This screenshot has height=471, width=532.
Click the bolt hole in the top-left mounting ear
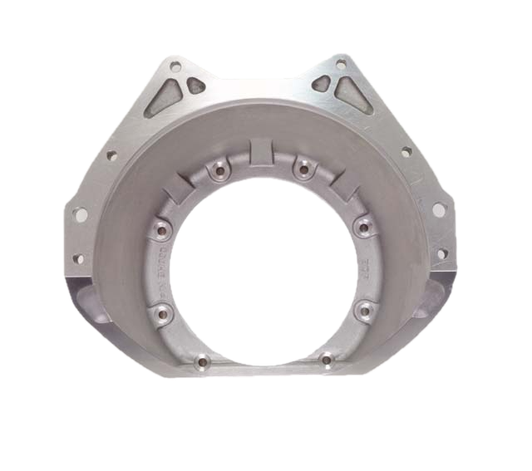[175, 64]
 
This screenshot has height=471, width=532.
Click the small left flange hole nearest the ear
[111, 155]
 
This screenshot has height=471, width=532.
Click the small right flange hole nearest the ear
[406, 152]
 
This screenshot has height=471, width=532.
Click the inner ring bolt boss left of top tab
[219, 171]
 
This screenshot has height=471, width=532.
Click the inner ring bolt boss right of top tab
[303, 169]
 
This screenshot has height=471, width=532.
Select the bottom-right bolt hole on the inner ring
[326, 361]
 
